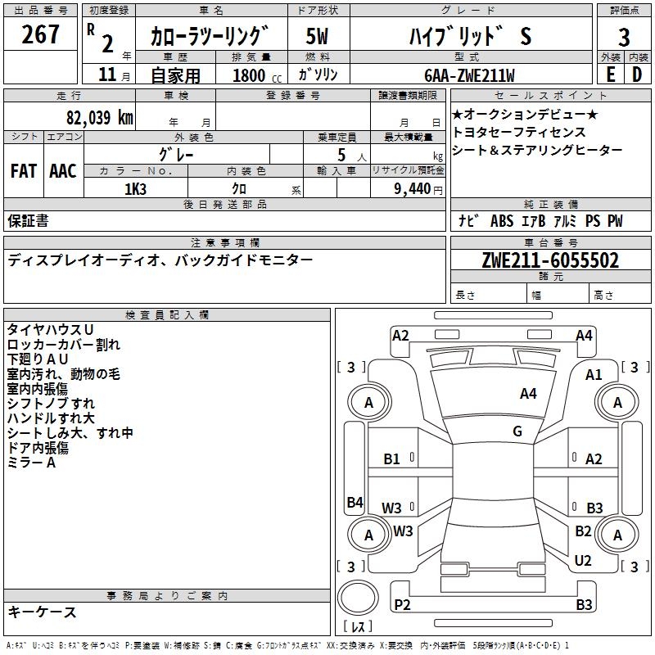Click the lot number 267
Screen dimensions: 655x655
[x=40, y=34]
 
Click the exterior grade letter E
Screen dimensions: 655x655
[x=610, y=75]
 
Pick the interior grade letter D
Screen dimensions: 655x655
[x=637, y=75]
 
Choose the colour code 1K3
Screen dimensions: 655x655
[x=135, y=189]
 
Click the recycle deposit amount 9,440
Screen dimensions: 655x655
[x=413, y=189]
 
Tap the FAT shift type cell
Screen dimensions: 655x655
[x=24, y=171]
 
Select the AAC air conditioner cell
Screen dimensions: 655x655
[x=63, y=171]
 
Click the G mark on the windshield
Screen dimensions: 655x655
[x=517, y=431]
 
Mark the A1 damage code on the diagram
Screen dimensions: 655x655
[x=594, y=375]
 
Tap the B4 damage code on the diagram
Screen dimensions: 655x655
[x=355, y=502]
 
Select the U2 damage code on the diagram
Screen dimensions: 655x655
[x=583, y=561]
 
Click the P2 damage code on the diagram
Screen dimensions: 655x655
[x=402, y=605]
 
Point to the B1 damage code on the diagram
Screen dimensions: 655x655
[x=392, y=459]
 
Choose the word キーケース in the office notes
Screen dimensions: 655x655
[x=43, y=612]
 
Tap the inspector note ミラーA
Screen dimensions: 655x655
[x=31, y=463]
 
